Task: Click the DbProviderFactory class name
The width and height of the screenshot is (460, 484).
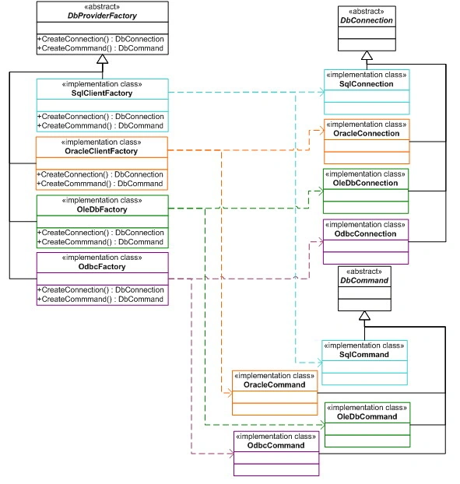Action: (102, 16)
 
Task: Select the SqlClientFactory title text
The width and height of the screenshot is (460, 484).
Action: (102, 93)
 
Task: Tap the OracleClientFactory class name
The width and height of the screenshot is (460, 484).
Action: (101, 151)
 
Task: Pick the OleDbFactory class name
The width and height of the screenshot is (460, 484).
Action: (102, 209)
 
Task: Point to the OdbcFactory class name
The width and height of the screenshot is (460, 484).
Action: (102, 267)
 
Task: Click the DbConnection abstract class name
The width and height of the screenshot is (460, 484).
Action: (367, 20)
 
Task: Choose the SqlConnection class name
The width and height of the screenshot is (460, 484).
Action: (367, 84)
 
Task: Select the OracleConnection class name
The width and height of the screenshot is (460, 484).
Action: (367, 133)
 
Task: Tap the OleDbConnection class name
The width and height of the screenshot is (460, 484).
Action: (365, 183)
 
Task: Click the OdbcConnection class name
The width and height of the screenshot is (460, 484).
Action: (365, 233)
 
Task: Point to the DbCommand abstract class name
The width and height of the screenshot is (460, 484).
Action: (364, 280)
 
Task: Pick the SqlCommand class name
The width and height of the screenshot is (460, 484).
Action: (364, 354)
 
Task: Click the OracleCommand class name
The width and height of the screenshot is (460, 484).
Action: (275, 384)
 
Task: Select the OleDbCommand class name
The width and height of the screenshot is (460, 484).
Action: (367, 417)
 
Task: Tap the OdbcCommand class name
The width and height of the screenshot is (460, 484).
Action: (276, 445)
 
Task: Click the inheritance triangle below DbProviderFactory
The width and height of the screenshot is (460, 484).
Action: (103, 59)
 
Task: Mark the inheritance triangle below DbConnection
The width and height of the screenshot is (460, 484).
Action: (367, 55)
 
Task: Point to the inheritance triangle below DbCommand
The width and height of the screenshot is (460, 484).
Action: (364, 315)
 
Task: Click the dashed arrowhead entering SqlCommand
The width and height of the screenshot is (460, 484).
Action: (320, 363)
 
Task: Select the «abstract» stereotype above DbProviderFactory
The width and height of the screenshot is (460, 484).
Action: (102, 7)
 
